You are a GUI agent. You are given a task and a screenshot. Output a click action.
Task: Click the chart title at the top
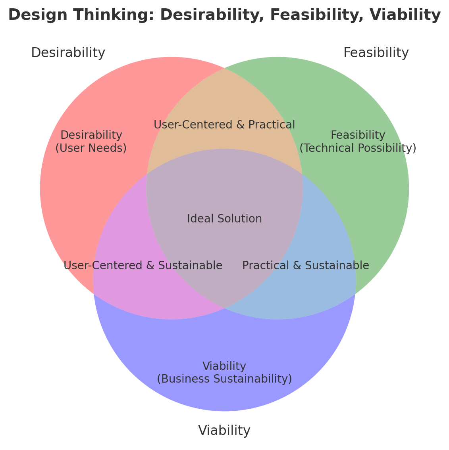224,15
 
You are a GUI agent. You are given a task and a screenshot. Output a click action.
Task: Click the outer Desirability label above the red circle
68,53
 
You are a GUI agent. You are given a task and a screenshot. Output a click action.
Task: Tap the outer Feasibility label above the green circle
376,53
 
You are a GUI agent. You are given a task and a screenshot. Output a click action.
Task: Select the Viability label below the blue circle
224,431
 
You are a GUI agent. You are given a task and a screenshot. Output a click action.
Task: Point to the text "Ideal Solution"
224,219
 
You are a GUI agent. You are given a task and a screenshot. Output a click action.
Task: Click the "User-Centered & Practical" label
224,125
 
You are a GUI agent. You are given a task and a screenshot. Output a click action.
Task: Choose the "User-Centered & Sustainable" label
143,266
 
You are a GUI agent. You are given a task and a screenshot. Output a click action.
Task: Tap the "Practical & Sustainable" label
306,266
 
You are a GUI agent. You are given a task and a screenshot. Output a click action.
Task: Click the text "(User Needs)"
91,148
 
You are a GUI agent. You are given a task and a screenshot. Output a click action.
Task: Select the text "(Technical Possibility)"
358,148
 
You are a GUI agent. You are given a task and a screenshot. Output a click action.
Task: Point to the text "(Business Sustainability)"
224,379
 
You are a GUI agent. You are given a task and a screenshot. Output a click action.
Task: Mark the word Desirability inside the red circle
91,135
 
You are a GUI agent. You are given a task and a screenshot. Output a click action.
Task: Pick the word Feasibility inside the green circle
358,135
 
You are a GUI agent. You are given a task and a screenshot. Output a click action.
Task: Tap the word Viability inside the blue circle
224,366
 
